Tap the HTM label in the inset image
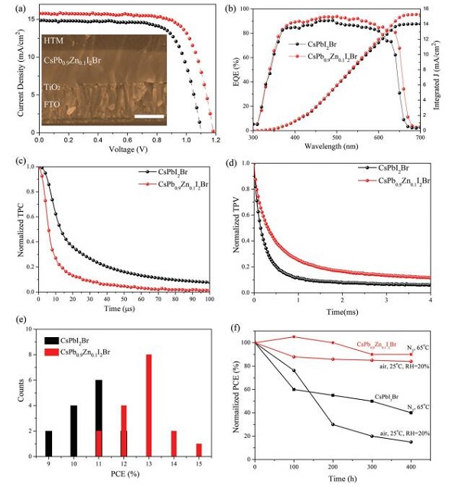pos(54,41)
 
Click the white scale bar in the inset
pos(149,117)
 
